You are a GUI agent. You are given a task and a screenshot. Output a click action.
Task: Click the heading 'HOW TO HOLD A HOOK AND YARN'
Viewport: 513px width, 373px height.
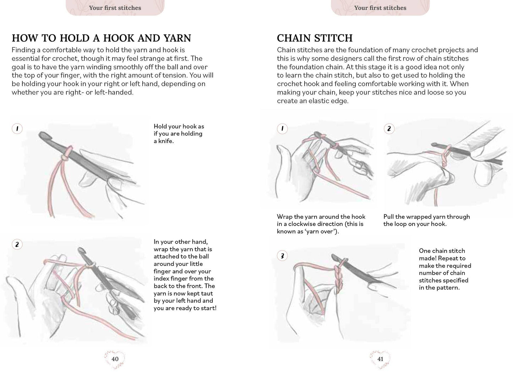coord(102,38)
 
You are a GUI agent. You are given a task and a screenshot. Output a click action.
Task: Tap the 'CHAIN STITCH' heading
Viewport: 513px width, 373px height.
coord(315,38)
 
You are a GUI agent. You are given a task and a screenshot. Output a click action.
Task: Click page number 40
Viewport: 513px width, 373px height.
coord(115,359)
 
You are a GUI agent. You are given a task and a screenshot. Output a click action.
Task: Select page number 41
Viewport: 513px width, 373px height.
coord(380,359)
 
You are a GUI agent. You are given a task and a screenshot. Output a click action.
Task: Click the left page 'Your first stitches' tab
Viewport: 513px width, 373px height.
coord(115,8)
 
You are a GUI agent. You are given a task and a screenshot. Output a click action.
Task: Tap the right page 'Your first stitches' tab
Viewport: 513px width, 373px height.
coord(380,8)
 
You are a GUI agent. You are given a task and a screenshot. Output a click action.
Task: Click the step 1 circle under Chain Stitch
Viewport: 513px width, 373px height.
coord(282,128)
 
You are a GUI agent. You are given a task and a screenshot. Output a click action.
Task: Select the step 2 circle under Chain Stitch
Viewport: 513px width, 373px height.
coord(389,128)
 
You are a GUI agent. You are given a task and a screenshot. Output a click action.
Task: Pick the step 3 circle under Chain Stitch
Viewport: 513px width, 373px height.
coord(282,256)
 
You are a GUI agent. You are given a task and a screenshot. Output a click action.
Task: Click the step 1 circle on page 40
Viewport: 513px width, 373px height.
coord(17,128)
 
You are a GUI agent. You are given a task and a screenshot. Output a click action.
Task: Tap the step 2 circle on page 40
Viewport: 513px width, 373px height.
coord(17,244)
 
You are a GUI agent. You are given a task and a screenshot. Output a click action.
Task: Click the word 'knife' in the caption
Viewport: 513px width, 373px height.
coord(165,141)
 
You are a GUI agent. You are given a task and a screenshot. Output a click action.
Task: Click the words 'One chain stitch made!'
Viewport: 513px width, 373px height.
coord(442,254)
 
